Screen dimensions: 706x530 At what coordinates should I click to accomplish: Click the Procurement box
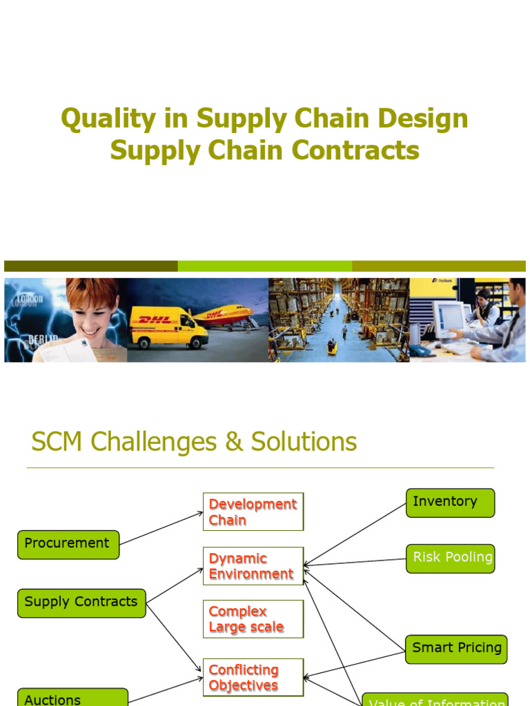pyautogui.click(x=68, y=544)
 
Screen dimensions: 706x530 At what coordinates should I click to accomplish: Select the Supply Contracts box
pyautogui.click(x=81, y=603)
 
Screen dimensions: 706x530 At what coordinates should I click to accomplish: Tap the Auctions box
pyautogui.click(x=72, y=698)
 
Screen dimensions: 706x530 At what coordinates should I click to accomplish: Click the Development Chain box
pyautogui.click(x=253, y=512)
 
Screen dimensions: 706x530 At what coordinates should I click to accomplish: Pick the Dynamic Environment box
pyautogui.click(x=253, y=566)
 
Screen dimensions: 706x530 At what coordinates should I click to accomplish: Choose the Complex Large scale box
pyautogui.click(x=253, y=619)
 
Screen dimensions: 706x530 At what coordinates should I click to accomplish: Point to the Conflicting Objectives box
pyautogui.click(x=253, y=677)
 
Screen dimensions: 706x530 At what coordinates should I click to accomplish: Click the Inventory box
pyautogui.click(x=450, y=503)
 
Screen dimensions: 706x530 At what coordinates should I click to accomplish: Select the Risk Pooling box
pyautogui.click(x=450, y=558)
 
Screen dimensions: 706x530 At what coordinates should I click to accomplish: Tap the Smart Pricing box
pyautogui.click(x=456, y=649)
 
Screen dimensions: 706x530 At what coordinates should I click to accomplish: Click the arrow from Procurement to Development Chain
pyautogui.click(x=161, y=527)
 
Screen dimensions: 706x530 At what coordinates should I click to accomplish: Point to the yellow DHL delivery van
pyautogui.click(x=168, y=327)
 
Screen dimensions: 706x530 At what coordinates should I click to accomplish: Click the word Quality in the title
pyautogui.click(x=99, y=119)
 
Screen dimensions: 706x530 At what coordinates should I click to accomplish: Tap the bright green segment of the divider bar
pyautogui.click(x=264, y=266)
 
